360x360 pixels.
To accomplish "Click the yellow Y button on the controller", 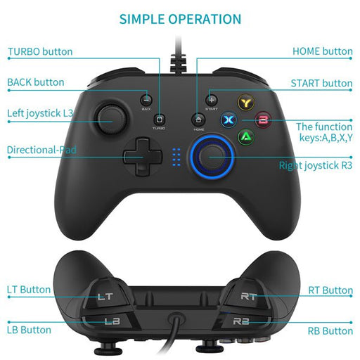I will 245,102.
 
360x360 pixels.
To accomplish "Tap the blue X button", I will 228,120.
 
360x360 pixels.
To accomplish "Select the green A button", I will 245,136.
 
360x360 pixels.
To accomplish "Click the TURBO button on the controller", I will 160,120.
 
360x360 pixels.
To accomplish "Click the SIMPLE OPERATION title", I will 180,19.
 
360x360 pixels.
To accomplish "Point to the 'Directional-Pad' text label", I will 42,150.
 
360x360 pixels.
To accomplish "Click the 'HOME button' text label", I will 322,51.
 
